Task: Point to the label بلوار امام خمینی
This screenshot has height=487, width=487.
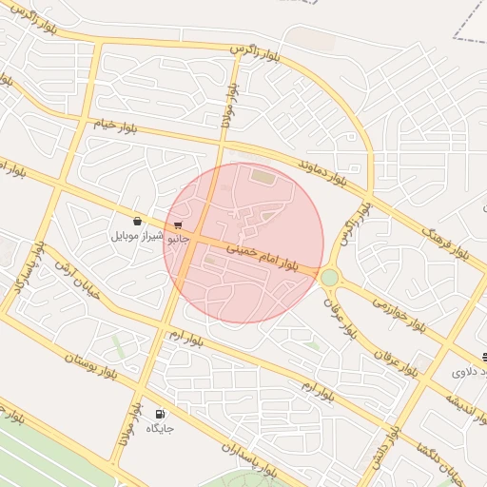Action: [x=263, y=255]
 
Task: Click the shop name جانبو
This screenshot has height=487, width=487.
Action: [x=179, y=239]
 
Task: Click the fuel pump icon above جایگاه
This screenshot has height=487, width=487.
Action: [x=160, y=414]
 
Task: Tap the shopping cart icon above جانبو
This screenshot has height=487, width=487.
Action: [x=178, y=225]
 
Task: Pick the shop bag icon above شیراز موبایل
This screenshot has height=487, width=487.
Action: [x=138, y=221]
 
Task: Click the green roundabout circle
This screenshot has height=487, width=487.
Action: [x=330, y=277]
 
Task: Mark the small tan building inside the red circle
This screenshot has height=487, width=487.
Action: [x=262, y=176]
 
